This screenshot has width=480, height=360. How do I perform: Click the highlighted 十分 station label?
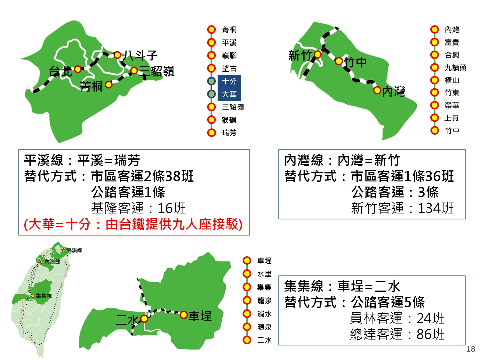click(x=229, y=81)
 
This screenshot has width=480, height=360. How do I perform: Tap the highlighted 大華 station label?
click(x=229, y=94)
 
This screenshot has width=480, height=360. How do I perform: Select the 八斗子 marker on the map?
click(x=117, y=55)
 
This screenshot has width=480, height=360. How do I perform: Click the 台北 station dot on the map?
click(x=78, y=69)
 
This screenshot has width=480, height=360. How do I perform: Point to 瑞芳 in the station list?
click(x=229, y=133)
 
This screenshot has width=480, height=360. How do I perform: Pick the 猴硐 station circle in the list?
click(x=211, y=120)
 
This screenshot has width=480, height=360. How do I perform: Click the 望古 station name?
click(x=229, y=68)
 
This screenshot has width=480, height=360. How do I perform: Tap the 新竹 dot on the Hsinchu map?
click(x=317, y=54)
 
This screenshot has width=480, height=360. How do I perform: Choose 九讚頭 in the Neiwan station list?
click(x=455, y=68)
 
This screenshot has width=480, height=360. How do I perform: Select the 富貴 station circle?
click(x=435, y=42)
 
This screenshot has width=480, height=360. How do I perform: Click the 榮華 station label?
click(x=452, y=105)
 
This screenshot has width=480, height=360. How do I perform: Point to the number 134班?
click(x=436, y=208)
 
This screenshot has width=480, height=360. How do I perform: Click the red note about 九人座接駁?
click(x=133, y=225)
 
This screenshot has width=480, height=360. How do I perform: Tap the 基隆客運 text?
click(x=117, y=208)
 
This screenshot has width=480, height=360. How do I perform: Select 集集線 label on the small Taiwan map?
click(x=44, y=296)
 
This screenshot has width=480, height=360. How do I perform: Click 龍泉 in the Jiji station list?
click(x=264, y=300)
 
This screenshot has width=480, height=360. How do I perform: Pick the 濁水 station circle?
click(x=247, y=314)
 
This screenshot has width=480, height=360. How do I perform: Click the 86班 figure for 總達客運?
click(x=430, y=334)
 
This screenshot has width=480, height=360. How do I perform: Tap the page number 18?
click(x=471, y=349)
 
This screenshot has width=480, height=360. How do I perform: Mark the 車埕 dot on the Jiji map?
click(x=184, y=315)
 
